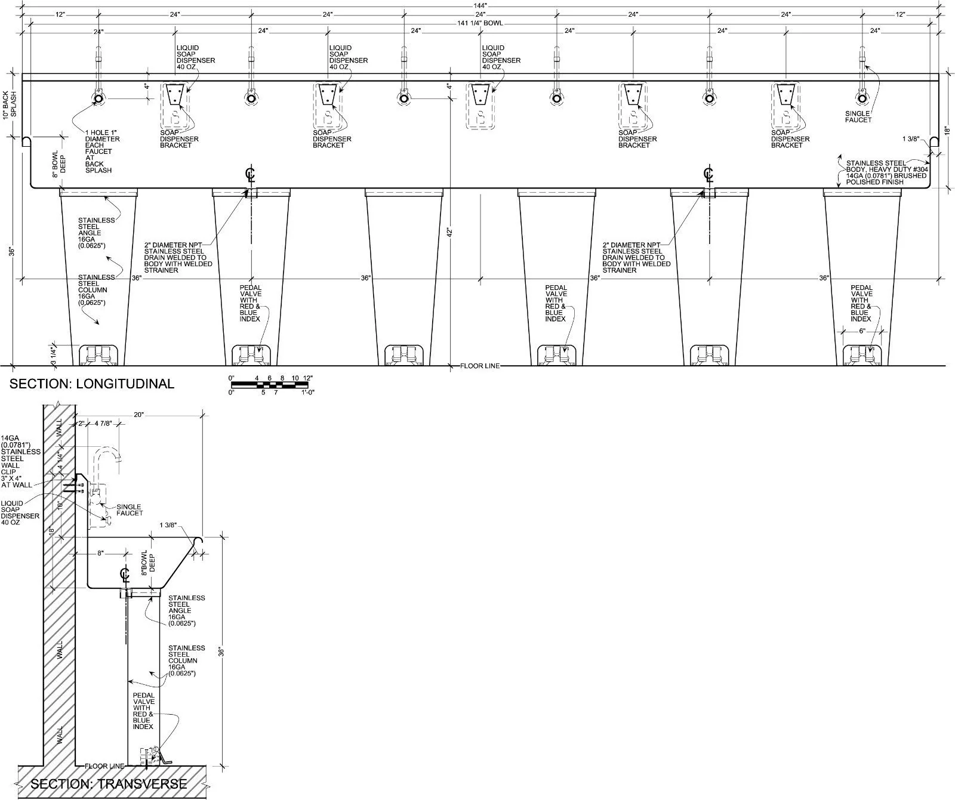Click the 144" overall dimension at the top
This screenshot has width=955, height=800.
pos(480,5)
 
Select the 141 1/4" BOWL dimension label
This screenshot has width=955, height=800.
pos(480,23)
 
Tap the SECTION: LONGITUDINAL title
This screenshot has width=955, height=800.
pos(92,384)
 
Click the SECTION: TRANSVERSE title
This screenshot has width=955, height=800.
pos(109,783)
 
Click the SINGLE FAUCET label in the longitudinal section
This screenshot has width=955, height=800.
pos(858,116)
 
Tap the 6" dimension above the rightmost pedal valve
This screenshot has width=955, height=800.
pos(861,330)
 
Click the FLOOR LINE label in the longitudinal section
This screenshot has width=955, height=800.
pos(480,366)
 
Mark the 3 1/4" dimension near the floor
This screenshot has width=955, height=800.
pos(53,355)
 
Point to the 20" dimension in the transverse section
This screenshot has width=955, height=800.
pos(139,415)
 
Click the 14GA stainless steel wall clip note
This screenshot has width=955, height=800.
pos(21,462)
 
